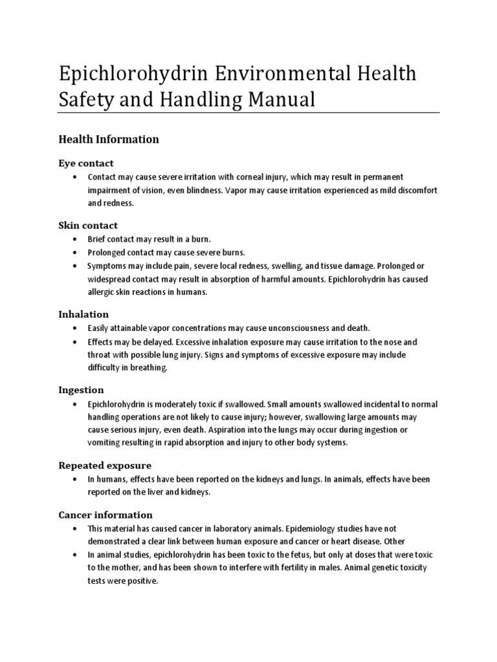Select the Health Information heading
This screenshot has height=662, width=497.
pyautogui.click(x=109, y=139)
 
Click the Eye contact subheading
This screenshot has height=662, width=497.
pyautogui.click(x=86, y=163)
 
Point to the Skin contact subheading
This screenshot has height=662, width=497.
pyautogui.click(x=88, y=225)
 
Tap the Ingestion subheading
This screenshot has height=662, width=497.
pyautogui.click(x=81, y=390)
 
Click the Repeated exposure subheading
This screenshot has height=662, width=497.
pyautogui.click(x=105, y=465)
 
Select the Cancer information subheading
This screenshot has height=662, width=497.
pyautogui.click(x=105, y=515)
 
